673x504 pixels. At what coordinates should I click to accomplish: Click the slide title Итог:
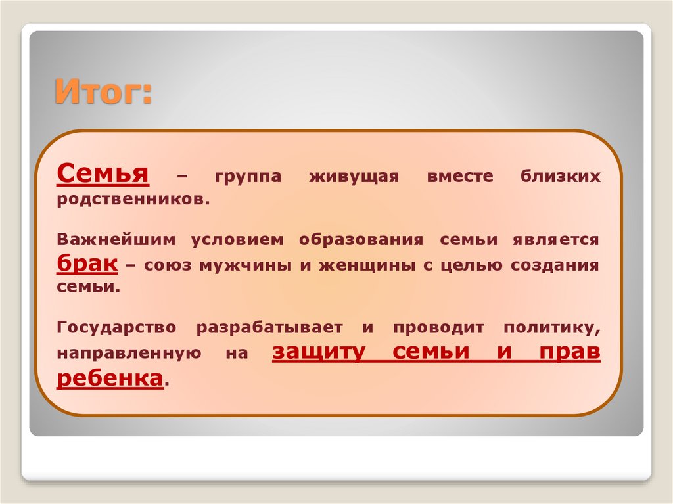(103, 91)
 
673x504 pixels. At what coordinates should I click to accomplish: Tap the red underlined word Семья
(102, 174)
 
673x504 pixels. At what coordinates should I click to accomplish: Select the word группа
(247, 177)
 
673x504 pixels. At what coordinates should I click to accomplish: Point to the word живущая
(355, 177)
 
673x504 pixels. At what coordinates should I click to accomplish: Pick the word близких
(561, 177)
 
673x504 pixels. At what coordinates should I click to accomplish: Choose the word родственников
(133, 198)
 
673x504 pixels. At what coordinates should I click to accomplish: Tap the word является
(556, 240)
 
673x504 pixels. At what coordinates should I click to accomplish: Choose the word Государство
(116, 327)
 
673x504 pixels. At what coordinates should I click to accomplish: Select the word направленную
(128, 354)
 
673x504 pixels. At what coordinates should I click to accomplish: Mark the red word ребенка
(110, 378)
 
